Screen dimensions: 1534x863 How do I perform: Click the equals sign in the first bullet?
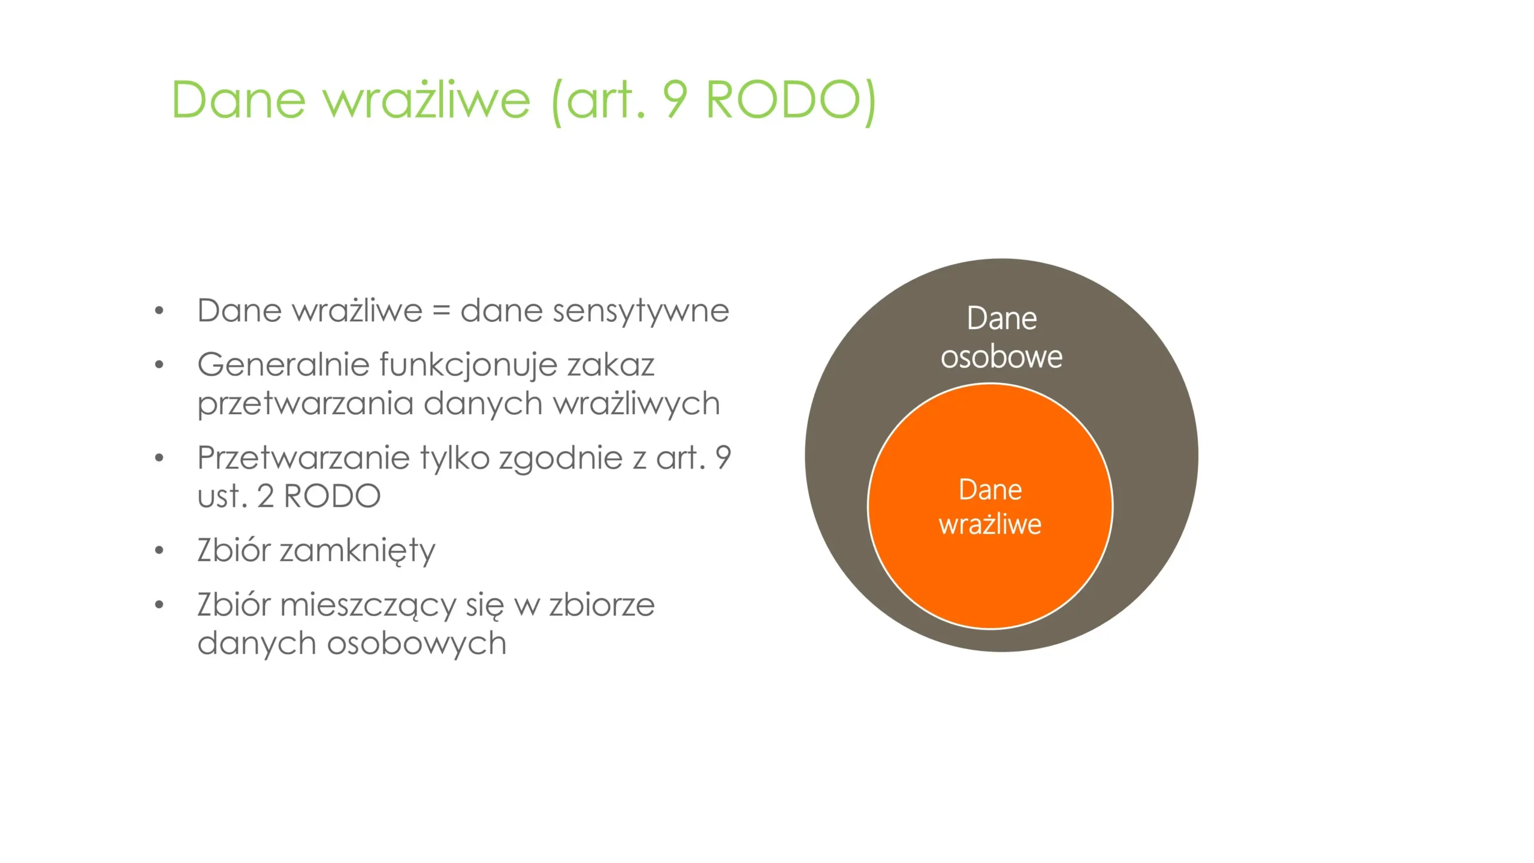click(441, 312)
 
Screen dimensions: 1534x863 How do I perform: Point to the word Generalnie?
click(283, 365)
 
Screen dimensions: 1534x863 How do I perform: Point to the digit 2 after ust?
click(265, 496)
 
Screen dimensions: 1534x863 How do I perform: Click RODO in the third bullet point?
click(332, 496)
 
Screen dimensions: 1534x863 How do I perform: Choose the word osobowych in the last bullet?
click(416, 643)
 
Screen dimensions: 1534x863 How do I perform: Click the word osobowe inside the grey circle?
click(1001, 357)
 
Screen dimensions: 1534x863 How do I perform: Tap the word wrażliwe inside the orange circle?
click(990, 524)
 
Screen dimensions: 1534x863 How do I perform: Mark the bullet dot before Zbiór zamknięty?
click(159, 550)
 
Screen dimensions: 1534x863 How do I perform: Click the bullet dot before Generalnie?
click(159, 364)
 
